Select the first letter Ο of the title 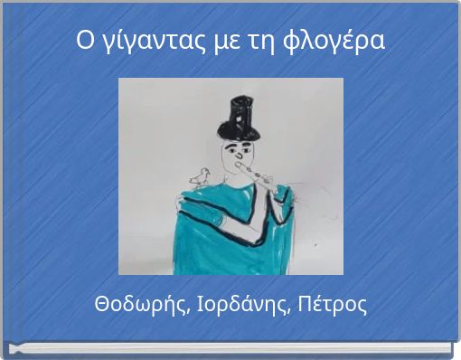point(83,41)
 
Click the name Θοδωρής point(141,304)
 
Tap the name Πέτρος point(334,304)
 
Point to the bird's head point(205,170)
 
